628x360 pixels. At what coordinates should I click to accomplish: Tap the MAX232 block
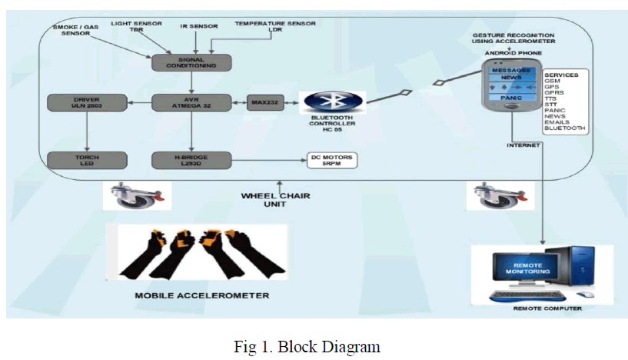pyautogui.click(x=263, y=102)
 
